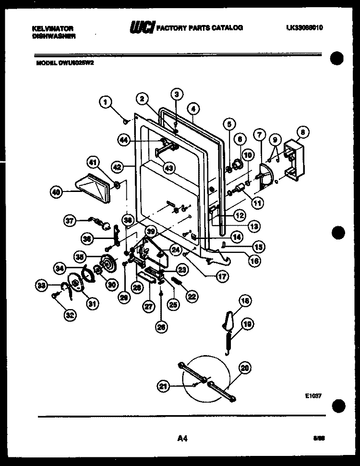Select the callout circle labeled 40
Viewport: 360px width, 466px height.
click(x=57, y=192)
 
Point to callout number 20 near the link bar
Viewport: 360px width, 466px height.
click(x=245, y=369)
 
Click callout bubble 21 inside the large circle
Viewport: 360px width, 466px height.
click(x=164, y=385)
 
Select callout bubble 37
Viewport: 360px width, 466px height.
click(x=71, y=220)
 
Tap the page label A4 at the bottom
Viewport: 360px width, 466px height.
click(x=182, y=437)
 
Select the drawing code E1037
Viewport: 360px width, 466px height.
click(x=312, y=396)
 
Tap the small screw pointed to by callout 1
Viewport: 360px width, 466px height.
click(x=125, y=121)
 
